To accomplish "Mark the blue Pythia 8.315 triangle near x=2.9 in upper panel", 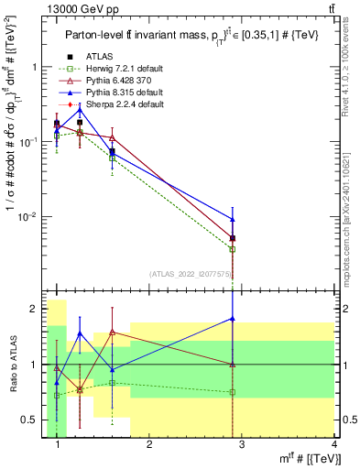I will click(234, 219).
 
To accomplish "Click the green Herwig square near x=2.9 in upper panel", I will click(234, 249).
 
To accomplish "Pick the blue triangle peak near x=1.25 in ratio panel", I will click(80, 333).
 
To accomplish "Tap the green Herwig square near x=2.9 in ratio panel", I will click(234, 392).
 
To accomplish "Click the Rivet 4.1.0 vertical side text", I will click(350, 82).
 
